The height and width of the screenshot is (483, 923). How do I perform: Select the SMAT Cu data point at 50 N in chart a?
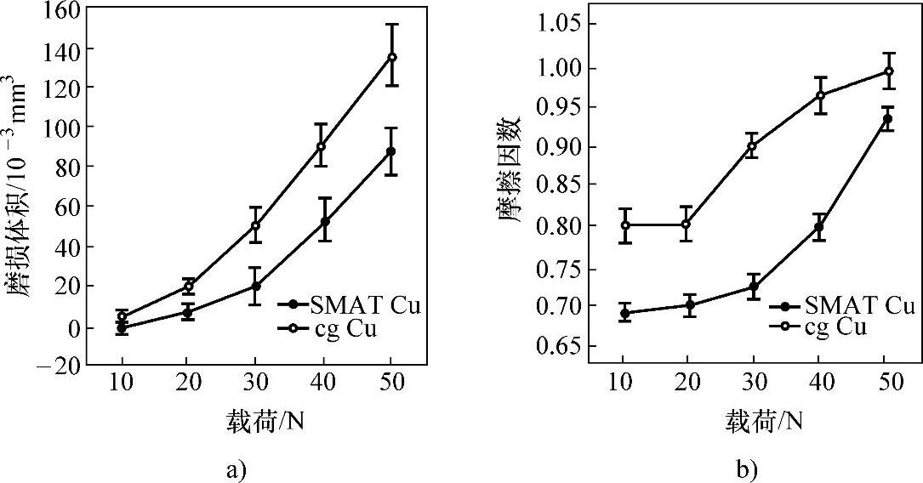click(391, 151)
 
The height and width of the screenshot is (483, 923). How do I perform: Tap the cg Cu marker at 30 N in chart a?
click(255, 225)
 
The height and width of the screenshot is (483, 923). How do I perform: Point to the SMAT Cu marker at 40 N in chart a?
click(324, 222)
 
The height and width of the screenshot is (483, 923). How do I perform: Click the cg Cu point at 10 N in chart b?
click(625, 225)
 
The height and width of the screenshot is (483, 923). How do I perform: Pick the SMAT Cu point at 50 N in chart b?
click(887, 118)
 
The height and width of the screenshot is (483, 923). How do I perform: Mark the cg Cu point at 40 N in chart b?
click(821, 95)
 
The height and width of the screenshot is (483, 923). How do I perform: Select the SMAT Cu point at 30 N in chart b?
click(754, 287)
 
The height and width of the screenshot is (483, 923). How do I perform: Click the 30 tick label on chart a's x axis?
click(255, 384)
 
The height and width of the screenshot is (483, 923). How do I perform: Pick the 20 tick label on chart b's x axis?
click(690, 384)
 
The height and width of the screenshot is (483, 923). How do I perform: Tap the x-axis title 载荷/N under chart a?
click(256, 420)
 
